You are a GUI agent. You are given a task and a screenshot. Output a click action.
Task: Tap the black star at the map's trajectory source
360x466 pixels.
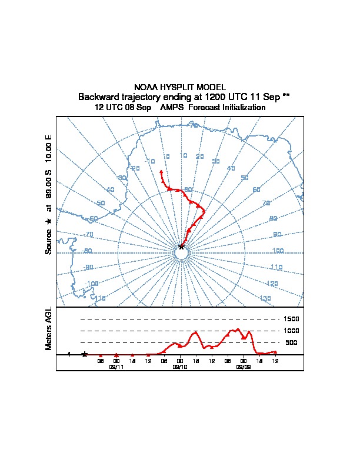pos(181,247)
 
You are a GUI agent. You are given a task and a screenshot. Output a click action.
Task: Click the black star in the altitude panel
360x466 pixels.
pos(85,354)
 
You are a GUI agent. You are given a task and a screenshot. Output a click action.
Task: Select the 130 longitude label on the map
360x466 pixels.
pos(265,299)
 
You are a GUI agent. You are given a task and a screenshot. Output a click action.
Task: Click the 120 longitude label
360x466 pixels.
pos(272,284)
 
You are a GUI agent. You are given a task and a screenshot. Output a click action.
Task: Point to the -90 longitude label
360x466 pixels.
pos(89,267)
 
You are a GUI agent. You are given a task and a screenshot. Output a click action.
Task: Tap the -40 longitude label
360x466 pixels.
pos(109,189)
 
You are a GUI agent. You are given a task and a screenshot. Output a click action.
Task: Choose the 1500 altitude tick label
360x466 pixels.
pos(291,319)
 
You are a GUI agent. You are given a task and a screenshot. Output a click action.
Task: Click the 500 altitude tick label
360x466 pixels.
pos(291,342)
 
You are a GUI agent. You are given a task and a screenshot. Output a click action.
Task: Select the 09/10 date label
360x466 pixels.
pos(179,367)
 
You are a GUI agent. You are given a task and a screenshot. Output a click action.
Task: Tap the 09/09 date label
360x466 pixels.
pos(243,367)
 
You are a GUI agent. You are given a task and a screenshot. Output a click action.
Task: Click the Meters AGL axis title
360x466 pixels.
pos(49,328)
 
